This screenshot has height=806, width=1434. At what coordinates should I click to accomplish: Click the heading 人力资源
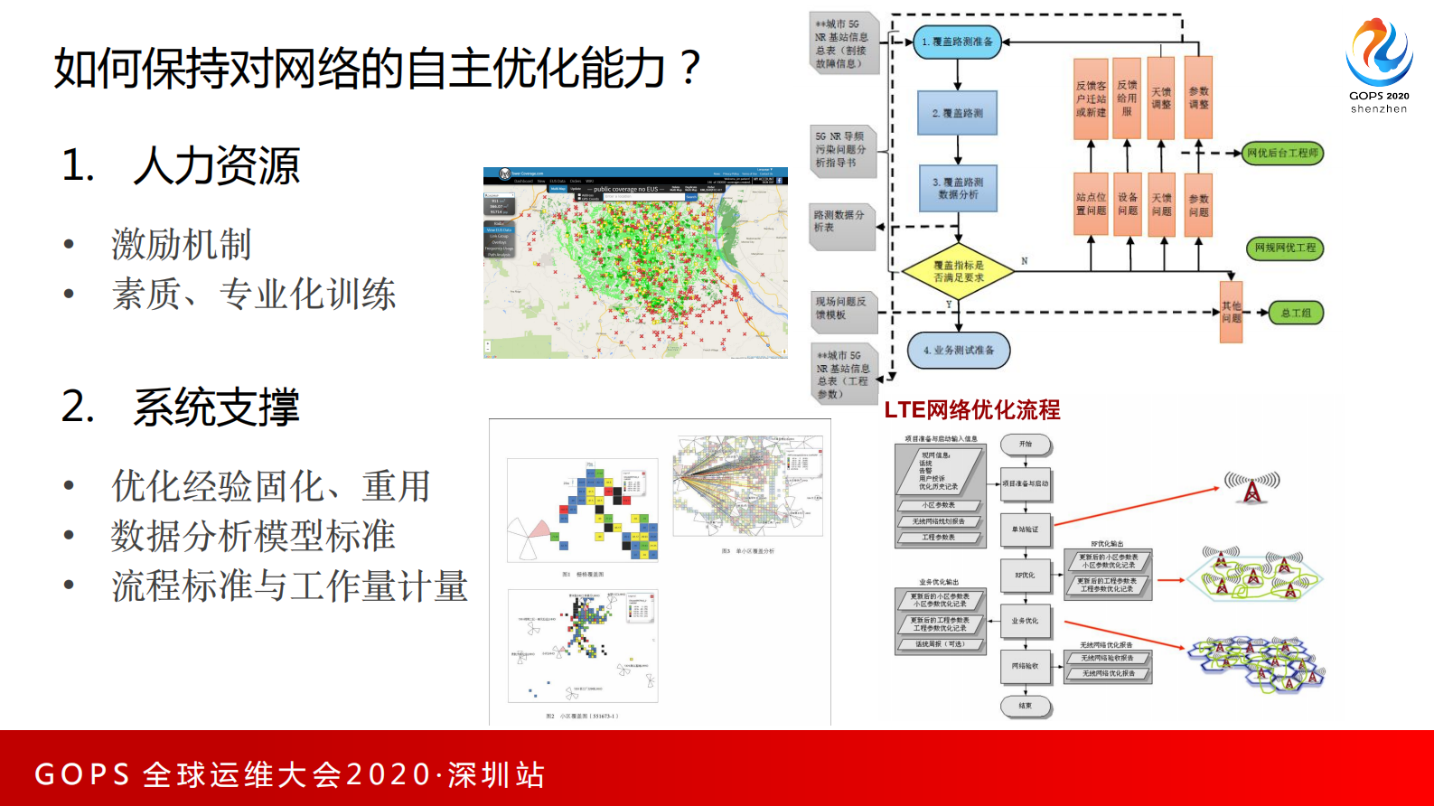tap(216, 166)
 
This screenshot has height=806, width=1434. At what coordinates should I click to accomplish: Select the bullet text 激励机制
tap(182, 244)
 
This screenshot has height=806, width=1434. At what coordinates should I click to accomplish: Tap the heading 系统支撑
tap(216, 408)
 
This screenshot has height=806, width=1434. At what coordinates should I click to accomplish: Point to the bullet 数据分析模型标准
tap(253, 536)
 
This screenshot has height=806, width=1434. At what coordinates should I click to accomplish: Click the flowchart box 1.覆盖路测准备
tap(957, 42)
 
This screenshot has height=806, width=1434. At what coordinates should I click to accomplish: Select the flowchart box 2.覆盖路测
tap(957, 113)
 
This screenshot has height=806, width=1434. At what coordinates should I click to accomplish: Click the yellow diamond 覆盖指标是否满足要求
tap(958, 271)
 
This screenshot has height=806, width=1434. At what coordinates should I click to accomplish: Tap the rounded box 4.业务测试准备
tap(958, 351)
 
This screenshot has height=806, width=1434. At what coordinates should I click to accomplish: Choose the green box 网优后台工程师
tap(1282, 153)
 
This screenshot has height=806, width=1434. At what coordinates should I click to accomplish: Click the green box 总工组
tap(1296, 313)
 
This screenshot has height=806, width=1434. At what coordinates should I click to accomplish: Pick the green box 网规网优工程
tap(1285, 248)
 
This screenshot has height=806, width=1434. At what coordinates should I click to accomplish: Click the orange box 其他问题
tap(1231, 313)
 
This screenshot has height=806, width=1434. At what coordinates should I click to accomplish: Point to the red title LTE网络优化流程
tap(971, 410)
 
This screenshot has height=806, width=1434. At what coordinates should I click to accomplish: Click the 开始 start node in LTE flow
tap(1026, 444)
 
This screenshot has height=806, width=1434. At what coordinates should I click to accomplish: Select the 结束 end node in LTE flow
tap(1026, 706)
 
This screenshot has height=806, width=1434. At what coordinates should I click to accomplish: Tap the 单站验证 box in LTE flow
tap(1026, 530)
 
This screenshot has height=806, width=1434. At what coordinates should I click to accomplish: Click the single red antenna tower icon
tap(1251, 487)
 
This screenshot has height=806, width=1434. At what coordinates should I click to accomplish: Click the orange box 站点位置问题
tap(1091, 203)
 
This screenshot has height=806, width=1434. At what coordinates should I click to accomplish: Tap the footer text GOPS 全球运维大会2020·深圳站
tap(289, 774)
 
